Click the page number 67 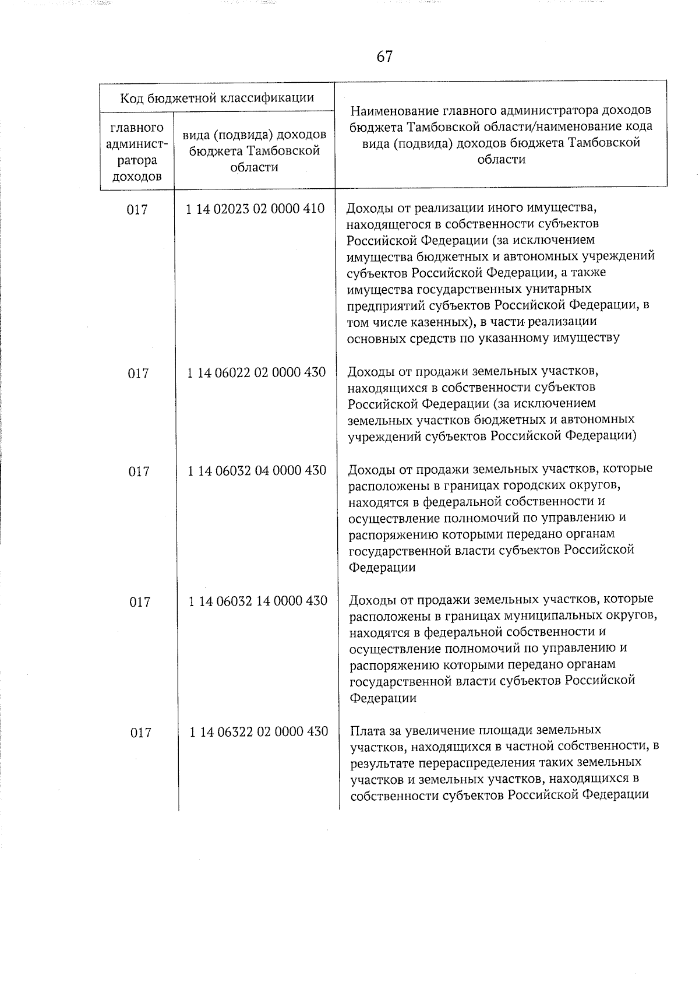384,57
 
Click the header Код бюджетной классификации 217,98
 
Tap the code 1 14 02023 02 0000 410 255,209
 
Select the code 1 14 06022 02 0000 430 256,372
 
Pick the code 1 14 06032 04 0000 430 257,470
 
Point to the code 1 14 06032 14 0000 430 257,600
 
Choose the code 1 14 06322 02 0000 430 259,731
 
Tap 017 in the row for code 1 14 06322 140,733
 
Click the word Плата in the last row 368,730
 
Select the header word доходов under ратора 137,176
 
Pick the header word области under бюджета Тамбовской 255,167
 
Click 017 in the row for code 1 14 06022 138,373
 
